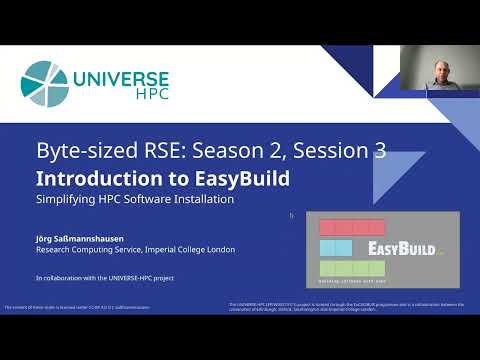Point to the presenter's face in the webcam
[439, 71]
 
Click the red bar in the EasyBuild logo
[352, 227]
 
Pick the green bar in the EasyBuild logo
[351, 268]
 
